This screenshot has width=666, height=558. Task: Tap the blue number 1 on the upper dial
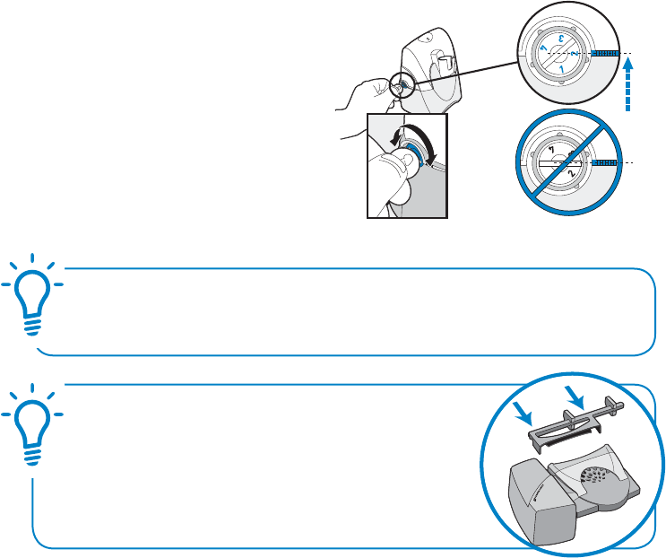(x=559, y=68)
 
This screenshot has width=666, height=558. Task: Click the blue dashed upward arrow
(x=627, y=85)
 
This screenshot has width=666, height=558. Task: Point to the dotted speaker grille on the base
(x=597, y=476)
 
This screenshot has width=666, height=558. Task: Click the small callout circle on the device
(x=401, y=85)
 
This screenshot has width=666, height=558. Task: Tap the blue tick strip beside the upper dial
(x=603, y=54)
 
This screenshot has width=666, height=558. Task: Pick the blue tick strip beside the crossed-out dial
(x=604, y=163)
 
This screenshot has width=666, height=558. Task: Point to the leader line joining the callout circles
(x=466, y=67)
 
